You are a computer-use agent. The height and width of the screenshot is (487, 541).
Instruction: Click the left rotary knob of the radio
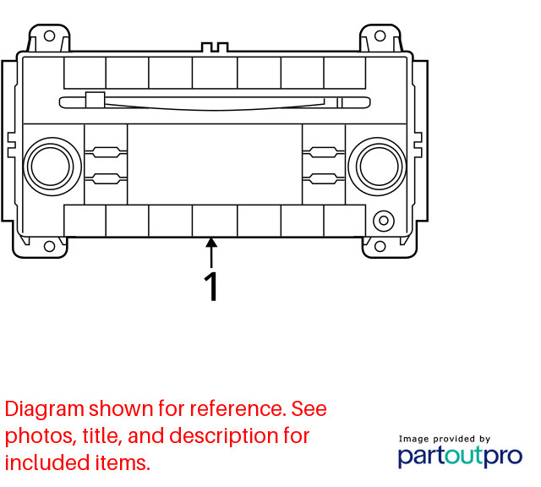coord(52,167)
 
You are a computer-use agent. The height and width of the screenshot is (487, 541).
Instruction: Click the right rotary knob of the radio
coord(378,167)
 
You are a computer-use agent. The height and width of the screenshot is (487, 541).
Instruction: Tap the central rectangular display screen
coord(215,164)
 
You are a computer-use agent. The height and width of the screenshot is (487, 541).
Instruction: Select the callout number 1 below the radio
coord(211,287)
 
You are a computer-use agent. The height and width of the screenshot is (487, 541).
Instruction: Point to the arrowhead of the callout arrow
coord(211,243)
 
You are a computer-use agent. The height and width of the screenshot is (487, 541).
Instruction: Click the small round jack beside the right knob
coord(383,220)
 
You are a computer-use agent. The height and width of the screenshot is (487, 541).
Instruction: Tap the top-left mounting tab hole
coord(49,36)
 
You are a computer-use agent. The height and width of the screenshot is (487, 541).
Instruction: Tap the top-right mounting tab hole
coord(380,36)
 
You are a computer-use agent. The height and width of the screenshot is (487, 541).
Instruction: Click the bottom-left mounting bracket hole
coord(49,246)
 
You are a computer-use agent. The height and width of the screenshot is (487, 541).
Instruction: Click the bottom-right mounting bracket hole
coord(380,246)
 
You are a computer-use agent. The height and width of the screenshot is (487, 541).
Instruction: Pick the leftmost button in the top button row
coord(85,73)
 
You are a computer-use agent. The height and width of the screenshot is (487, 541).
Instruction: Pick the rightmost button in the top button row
coord(345,73)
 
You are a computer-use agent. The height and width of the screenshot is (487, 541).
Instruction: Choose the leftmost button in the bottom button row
coord(85,221)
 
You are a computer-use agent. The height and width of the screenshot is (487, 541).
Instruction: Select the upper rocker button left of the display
coord(106,152)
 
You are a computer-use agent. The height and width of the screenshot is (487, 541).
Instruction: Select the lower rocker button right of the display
coord(324,178)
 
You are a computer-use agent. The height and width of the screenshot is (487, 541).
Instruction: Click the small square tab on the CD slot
coord(96,100)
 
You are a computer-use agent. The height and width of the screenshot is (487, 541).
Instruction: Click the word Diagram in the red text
coord(45,409)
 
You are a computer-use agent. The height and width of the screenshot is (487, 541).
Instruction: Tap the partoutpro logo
coord(460,457)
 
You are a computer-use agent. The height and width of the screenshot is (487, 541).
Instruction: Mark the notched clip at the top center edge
coord(215,47)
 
